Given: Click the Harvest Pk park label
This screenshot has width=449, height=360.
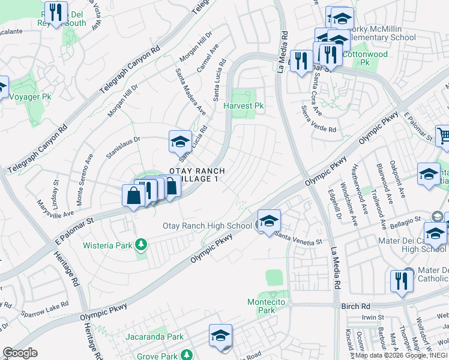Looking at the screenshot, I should [x=244, y=106].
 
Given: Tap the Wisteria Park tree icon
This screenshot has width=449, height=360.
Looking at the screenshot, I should [x=140, y=244].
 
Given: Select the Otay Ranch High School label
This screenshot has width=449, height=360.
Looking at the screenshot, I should [x=207, y=226].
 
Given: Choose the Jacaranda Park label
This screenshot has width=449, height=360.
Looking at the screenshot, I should [x=155, y=337].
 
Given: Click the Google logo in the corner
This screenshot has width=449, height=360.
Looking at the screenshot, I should [x=20, y=353].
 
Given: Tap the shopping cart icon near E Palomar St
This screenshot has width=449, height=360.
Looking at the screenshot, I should [x=443, y=136].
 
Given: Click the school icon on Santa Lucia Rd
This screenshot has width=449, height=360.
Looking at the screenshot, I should [x=179, y=142].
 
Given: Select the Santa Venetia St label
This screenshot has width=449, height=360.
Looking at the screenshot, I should [x=298, y=238].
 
